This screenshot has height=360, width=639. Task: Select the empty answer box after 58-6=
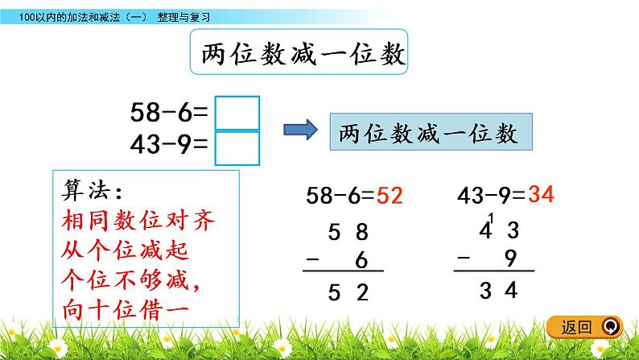click(x=239, y=113)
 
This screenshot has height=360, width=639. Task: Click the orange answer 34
click(x=542, y=194)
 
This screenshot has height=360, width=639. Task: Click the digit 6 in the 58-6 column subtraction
click(x=361, y=260)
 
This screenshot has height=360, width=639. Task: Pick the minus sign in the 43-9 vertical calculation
click(x=462, y=258)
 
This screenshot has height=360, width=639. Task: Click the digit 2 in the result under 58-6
click(x=361, y=294)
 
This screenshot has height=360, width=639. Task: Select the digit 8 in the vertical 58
click(x=361, y=232)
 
